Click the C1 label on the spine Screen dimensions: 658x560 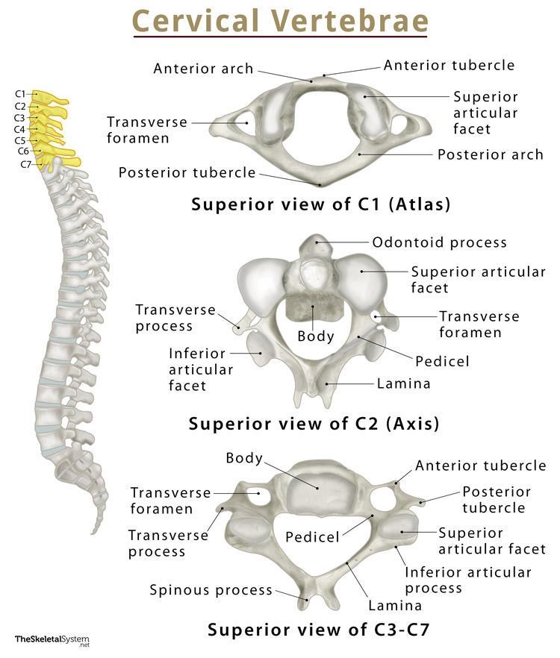point(19,94)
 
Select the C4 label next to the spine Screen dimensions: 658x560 point(19,129)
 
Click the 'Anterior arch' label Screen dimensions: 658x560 point(203,69)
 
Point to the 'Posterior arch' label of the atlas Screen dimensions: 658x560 point(490,155)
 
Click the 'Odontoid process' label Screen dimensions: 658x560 point(439,242)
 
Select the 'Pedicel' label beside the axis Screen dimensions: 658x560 point(442,362)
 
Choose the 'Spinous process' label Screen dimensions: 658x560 point(211,590)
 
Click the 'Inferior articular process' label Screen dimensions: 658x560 point(467,580)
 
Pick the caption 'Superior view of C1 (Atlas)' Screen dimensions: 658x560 point(321,204)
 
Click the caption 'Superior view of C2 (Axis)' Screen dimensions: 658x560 point(314,424)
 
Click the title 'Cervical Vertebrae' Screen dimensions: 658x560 point(280,21)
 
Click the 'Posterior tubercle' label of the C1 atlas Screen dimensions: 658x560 point(187,173)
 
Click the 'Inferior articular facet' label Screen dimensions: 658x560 point(201,369)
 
